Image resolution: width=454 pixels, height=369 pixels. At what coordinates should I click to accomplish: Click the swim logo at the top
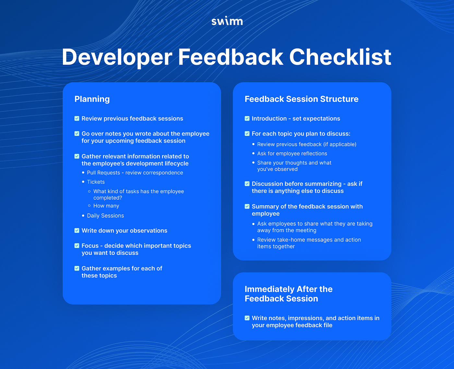pyautogui.click(x=227, y=21)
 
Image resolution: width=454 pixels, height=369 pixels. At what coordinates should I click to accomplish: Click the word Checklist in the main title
pyautogui.click(x=340, y=57)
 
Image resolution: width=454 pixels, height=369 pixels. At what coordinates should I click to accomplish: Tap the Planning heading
pyautogui.click(x=92, y=99)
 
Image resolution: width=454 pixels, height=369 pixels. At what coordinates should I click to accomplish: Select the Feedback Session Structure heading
pyautogui.click(x=301, y=99)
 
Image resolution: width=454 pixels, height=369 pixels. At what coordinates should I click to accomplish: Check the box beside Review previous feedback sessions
pyautogui.click(x=77, y=118)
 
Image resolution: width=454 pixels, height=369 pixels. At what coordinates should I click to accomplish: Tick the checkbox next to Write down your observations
pyautogui.click(x=77, y=231)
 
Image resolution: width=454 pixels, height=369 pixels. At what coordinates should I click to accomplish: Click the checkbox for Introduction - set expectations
pyautogui.click(x=247, y=118)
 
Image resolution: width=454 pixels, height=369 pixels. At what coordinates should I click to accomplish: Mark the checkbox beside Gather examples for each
pyautogui.click(x=77, y=268)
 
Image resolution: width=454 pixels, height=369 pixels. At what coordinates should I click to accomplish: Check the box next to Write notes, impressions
pyautogui.click(x=247, y=318)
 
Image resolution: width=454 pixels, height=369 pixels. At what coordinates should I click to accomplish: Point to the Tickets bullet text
pyautogui.click(x=96, y=182)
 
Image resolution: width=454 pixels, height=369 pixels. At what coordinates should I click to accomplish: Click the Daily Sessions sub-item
pyautogui.click(x=105, y=216)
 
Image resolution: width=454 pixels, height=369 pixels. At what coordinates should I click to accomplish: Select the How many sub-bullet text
pyautogui.click(x=106, y=206)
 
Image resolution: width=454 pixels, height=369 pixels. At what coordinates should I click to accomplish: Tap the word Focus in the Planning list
pyautogui.click(x=90, y=246)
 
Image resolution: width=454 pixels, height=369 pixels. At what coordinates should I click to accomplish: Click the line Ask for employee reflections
pyautogui.click(x=292, y=154)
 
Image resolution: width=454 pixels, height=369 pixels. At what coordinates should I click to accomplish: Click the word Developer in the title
pyautogui.click(x=117, y=57)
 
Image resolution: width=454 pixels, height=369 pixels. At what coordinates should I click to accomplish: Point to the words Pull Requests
pyautogui.click(x=103, y=173)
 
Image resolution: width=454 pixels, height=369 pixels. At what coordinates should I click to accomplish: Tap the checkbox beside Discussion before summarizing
pyautogui.click(x=247, y=184)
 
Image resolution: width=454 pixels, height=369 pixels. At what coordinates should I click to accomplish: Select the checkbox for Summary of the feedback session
pyautogui.click(x=247, y=207)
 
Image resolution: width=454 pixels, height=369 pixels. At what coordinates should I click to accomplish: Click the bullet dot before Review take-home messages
pyautogui.click(x=253, y=240)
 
